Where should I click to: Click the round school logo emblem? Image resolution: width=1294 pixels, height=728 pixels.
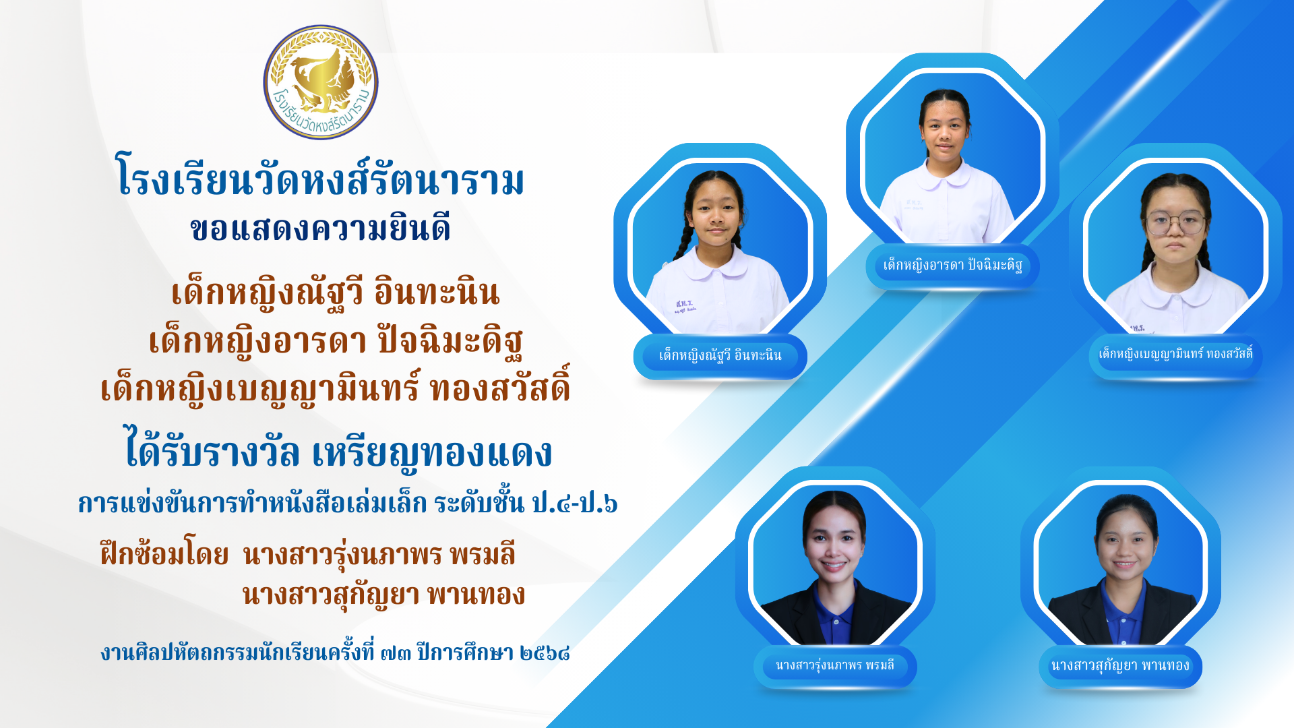[x=321, y=82]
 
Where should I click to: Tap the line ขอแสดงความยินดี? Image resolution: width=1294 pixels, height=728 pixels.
[x=320, y=229]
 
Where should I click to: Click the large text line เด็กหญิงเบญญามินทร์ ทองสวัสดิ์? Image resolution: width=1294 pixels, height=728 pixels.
[x=336, y=388]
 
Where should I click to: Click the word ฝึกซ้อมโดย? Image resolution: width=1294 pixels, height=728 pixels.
[x=164, y=555]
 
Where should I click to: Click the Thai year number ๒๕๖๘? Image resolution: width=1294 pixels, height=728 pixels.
[x=545, y=653]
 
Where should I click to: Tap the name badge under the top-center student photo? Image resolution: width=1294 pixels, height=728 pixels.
[x=952, y=266]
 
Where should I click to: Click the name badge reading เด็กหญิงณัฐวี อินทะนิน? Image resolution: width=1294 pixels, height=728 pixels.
[x=720, y=356]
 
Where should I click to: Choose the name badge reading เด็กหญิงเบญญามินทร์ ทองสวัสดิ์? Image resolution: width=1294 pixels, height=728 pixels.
[x=1176, y=355]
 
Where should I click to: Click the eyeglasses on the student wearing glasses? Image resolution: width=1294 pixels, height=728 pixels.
[x=1175, y=223]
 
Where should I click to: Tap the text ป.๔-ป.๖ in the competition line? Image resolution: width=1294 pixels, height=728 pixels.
[x=574, y=504]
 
